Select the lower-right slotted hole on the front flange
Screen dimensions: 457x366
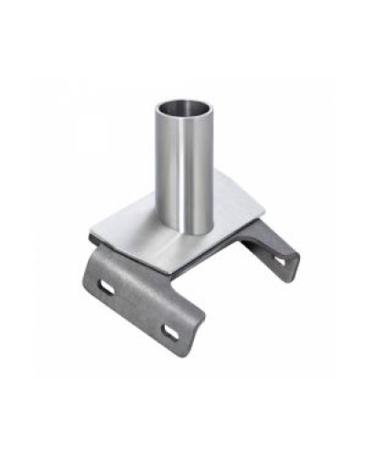172,330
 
